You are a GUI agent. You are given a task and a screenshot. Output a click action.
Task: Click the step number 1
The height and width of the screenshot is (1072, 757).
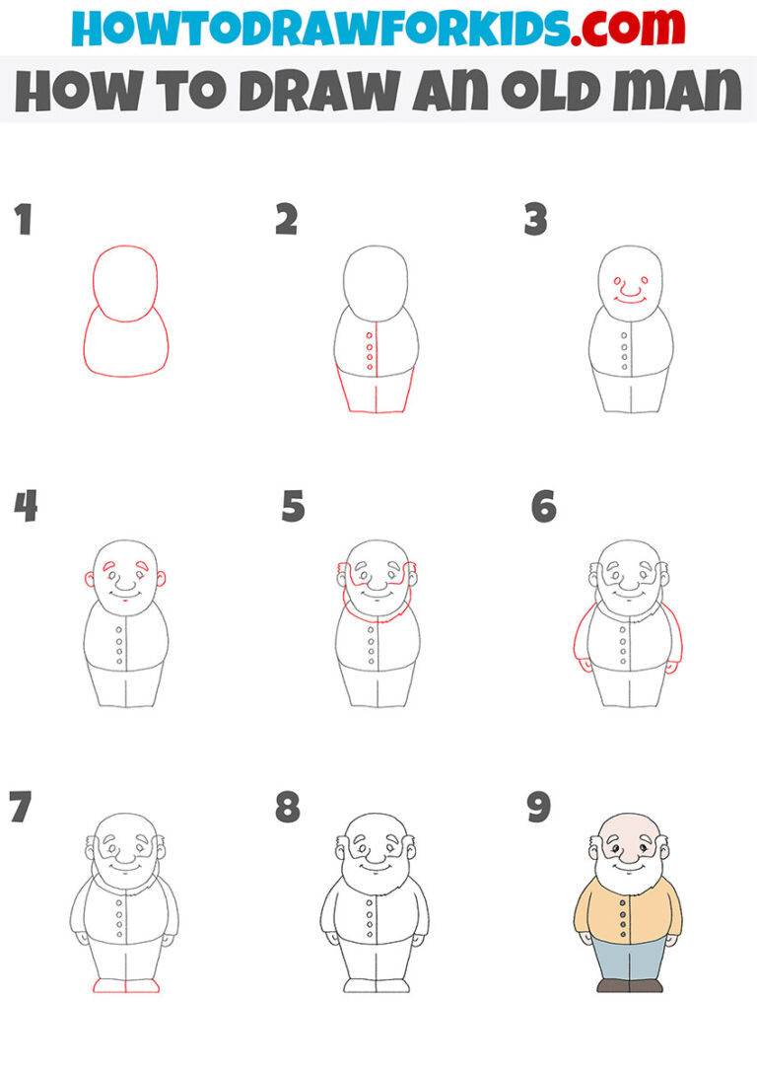pyautogui.click(x=23, y=220)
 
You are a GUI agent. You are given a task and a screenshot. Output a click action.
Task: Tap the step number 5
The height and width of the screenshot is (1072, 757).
pyautogui.click(x=293, y=508)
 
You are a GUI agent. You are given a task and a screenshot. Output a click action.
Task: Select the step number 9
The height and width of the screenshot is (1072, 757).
pyautogui.click(x=538, y=808)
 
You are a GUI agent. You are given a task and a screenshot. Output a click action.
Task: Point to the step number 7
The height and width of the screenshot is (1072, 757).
pyautogui.click(x=20, y=808)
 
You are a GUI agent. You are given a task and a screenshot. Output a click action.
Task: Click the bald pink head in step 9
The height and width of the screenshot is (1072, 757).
pyautogui.click(x=626, y=826)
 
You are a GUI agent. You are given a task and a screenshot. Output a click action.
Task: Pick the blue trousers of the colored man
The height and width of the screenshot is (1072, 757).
pyautogui.click(x=628, y=958)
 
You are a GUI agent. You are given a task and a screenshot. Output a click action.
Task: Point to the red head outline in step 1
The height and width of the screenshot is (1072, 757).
pyautogui.click(x=125, y=253)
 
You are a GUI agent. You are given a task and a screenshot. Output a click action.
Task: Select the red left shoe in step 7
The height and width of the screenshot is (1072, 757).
pyautogui.click(x=109, y=985)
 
